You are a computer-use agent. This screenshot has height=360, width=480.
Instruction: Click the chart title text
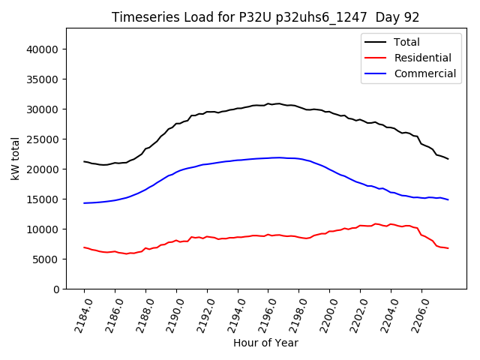point(265,17)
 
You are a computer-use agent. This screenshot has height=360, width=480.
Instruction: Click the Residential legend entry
point(422,58)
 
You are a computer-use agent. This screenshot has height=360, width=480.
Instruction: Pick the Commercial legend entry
point(424,73)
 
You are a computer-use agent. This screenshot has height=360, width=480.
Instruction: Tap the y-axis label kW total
point(16,158)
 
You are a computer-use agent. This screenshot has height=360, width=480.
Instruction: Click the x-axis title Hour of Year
point(265,343)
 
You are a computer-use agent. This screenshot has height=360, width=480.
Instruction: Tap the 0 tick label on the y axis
point(56,289)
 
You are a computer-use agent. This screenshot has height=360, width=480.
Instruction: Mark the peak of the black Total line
point(278,103)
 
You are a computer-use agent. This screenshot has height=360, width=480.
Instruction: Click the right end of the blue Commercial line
point(448,199)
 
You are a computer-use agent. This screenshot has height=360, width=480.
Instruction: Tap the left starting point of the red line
point(84,247)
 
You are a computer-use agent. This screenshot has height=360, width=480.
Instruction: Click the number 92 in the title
point(412,17)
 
